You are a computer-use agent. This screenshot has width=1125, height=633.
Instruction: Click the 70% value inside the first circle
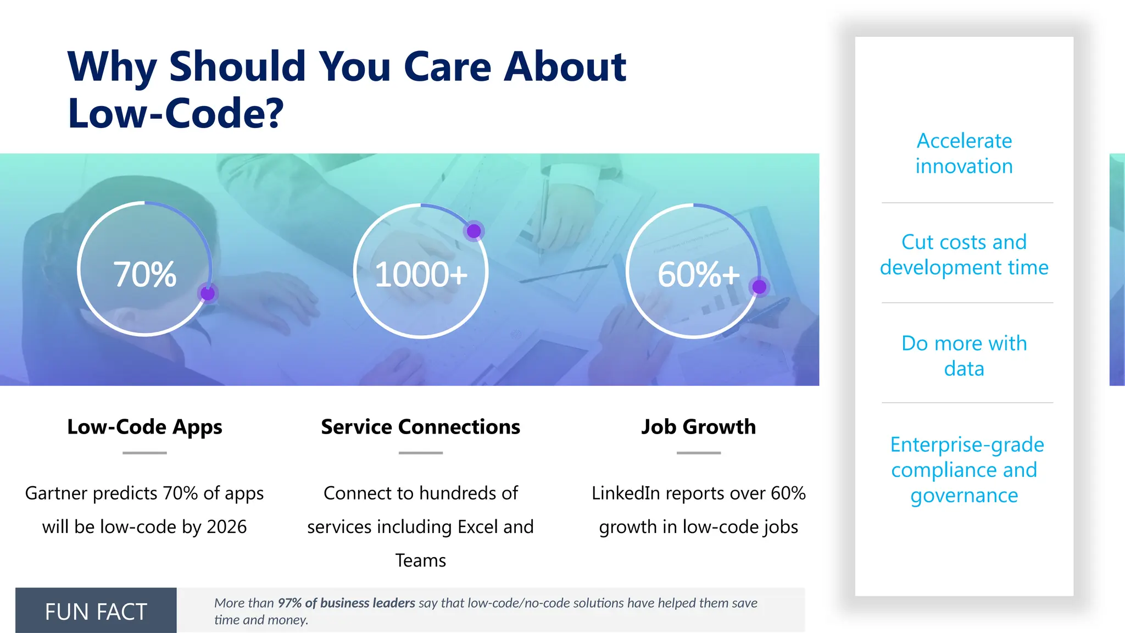tap(144, 274)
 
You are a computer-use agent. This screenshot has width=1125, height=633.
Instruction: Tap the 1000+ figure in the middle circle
tap(421, 274)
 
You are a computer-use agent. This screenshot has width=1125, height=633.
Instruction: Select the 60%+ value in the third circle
tap(698, 274)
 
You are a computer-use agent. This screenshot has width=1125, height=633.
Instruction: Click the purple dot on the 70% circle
tap(208, 293)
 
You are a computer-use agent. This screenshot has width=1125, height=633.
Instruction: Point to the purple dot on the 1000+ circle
tap(474, 231)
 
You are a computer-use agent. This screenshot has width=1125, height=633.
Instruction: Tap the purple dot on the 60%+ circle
tap(759, 286)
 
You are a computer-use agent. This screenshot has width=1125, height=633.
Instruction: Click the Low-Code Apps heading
tap(144, 427)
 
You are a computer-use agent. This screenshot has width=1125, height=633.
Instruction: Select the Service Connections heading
tap(420, 427)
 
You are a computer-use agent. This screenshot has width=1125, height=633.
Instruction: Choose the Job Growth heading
tap(698, 427)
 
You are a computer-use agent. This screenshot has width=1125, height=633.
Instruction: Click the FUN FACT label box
tap(96, 611)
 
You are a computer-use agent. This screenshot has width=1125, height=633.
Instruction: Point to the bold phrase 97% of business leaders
tap(346, 603)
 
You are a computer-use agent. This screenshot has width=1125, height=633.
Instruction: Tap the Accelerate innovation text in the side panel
tap(964, 153)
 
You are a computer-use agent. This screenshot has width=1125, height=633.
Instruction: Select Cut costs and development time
tap(964, 254)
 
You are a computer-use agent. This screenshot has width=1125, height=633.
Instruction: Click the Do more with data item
tap(964, 356)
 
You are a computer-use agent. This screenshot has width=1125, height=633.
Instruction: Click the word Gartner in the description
tap(56, 493)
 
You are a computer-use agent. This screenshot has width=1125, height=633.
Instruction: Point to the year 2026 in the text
tap(226, 527)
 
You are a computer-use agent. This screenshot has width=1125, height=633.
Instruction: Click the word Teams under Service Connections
tap(420, 560)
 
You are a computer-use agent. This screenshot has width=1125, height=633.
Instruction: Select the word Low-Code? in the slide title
tap(176, 113)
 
